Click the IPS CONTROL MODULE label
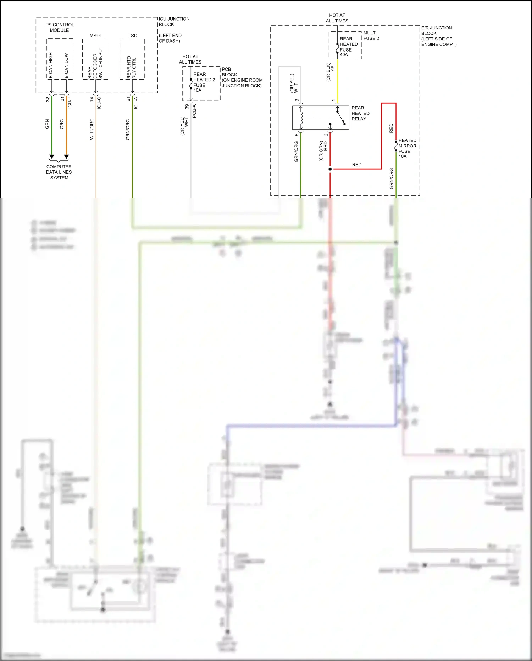[x=59, y=27]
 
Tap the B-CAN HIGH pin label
[x=51, y=65]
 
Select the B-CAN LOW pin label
[x=66, y=66]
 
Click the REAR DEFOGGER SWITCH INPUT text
[x=95, y=63]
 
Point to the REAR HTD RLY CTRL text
[x=132, y=67]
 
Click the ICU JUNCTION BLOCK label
[x=174, y=22]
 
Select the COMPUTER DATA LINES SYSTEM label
[x=59, y=172]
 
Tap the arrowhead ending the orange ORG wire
[x=66, y=157]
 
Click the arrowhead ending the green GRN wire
[x=52, y=157]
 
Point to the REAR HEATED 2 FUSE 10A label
[x=204, y=82]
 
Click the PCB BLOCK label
[x=229, y=72]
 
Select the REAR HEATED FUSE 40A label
[x=348, y=47]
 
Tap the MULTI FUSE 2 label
[x=371, y=36]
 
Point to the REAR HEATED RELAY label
[x=360, y=113]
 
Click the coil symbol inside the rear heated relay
[x=301, y=118]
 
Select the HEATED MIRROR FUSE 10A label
[x=407, y=148]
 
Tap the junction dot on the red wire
[x=330, y=169]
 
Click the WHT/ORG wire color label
[x=92, y=129]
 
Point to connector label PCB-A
[x=194, y=111]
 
